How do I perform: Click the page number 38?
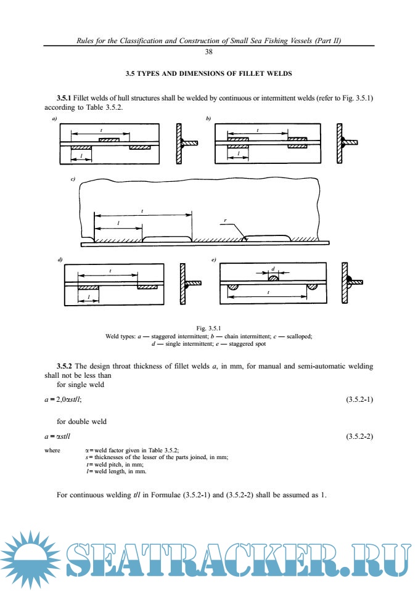pyautogui.click(x=208, y=52)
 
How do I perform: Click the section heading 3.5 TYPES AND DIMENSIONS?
pyautogui.click(x=208, y=74)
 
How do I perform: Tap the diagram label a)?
pyautogui.click(x=54, y=117)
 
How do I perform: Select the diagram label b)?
pyautogui.click(x=208, y=117)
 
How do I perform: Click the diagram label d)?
pyautogui.click(x=60, y=260)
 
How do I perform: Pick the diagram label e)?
pyautogui.click(x=213, y=260)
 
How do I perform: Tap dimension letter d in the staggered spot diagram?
pyautogui.click(x=273, y=269)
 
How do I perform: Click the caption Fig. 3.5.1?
pyautogui.click(x=208, y=328)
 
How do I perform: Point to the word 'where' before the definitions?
pyautogui.click(x=52, y=450)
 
